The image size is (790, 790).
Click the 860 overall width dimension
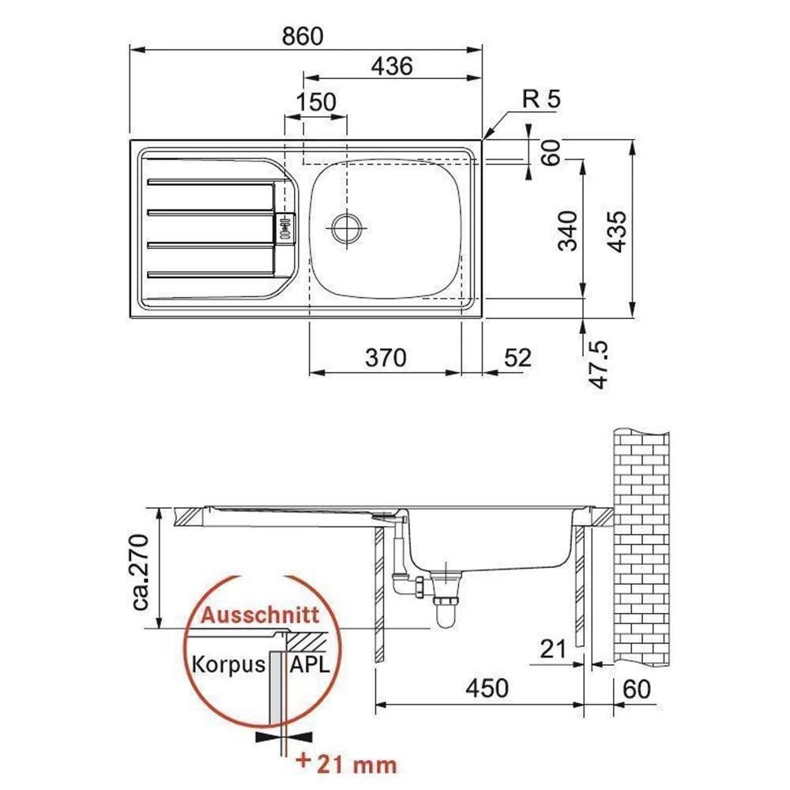303,36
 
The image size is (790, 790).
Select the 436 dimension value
392,66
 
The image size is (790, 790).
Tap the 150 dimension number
316,102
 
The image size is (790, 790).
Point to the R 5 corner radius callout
541,99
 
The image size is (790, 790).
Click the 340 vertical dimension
569,231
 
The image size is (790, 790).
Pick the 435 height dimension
617,231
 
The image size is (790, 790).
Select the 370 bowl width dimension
386,358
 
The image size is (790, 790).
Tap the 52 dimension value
517,358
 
